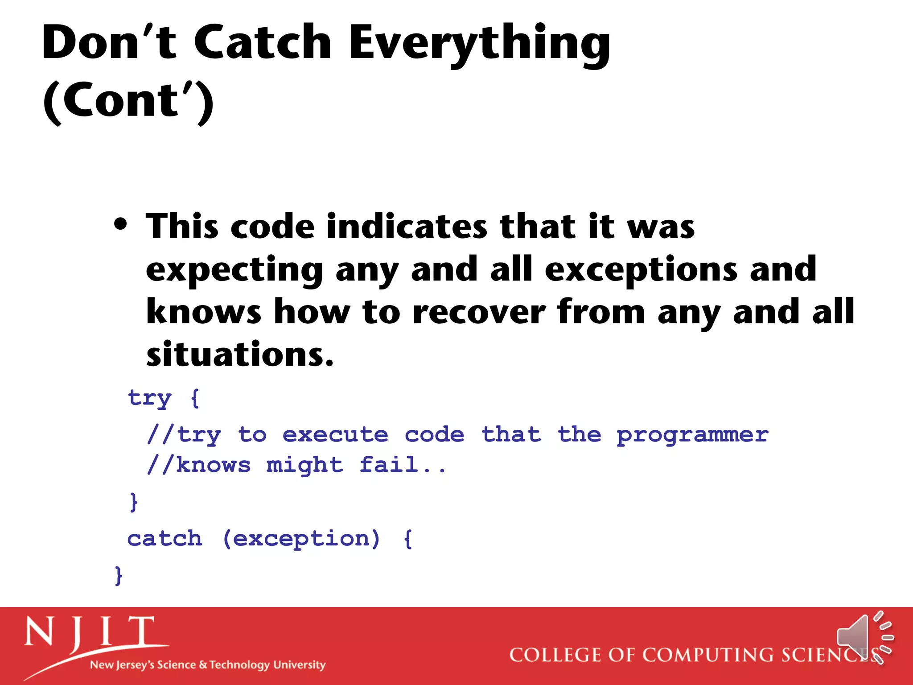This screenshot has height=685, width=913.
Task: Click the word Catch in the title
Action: pyautogui.click(x=262, y=42)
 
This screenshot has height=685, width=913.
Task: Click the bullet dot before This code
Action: pyautogui.click(x=120, y=224)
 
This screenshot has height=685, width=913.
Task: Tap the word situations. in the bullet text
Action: pyautogui.click(x=240, y=355)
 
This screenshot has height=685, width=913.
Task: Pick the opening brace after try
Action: pyautogui.click(x=195, y=398)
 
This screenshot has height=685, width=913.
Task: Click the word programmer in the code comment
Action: pyautogui.click(x=692, y=435)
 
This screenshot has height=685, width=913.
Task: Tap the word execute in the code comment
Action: pyautogui.click(x=335, y=435)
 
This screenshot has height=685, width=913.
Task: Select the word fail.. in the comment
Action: pyautogui.click(x=402, y=465)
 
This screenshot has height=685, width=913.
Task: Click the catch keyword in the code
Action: pyautogui.click(x=165, y=539)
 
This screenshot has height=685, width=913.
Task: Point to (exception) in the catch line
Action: pyautogui.click(x=301, y=539)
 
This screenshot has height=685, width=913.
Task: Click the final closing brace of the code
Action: pyautogui.click(x=118, y=575)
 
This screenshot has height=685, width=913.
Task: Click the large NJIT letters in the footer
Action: pyautogui.click(x=89, y=632)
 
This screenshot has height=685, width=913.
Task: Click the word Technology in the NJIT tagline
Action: pyautogui.click(x=239, y=665)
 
